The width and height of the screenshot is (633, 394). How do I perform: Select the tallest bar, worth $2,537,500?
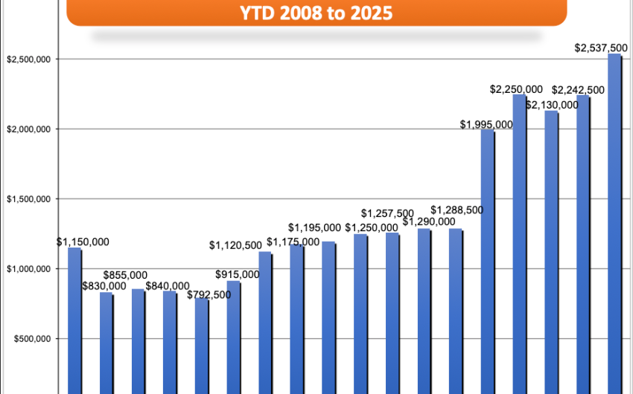(614, 223)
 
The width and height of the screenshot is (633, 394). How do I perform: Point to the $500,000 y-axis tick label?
(28, 339)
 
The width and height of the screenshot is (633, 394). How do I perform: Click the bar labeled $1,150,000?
(74, 320)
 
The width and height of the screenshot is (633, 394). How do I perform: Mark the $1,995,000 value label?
(486, 124)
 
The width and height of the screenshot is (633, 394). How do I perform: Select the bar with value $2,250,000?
(519, 245)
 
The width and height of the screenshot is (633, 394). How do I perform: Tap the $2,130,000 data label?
(552, 105)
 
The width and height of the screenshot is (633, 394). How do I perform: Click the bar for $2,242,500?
(582, 245)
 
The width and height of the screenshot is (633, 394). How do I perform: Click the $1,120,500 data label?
(235, 245)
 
